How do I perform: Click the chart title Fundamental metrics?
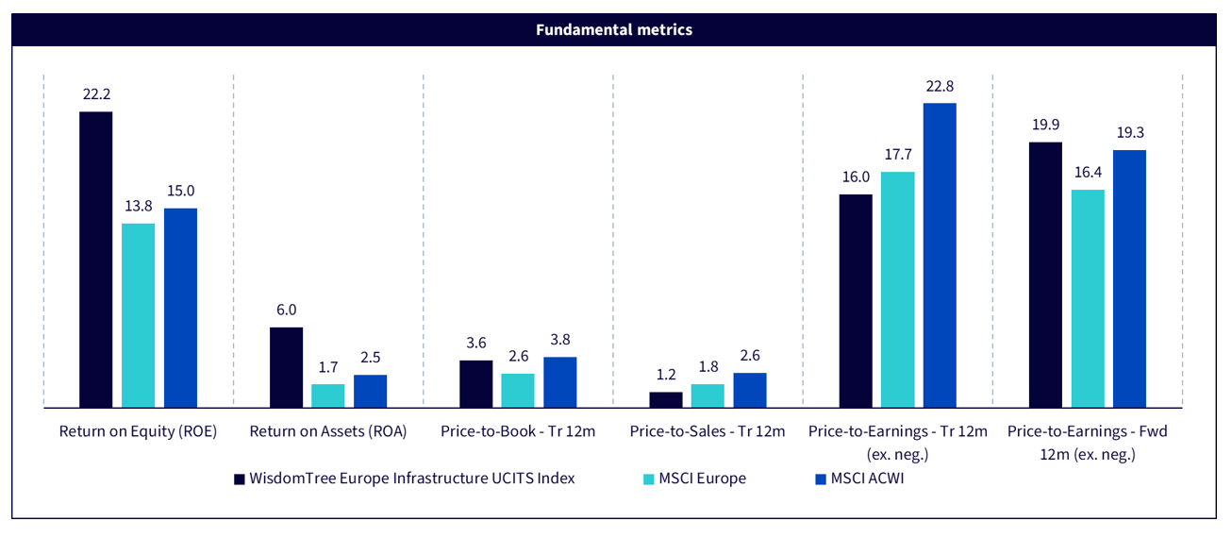614,30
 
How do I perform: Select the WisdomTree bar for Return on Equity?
95,260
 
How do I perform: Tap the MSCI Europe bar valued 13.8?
138,315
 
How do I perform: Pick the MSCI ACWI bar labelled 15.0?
180,308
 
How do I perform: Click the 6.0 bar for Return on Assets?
286,367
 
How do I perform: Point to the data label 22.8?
940,86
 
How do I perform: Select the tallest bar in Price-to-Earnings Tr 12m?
940,255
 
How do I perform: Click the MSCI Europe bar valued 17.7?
897,290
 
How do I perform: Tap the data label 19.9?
1045,126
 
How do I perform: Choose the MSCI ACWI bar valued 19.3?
1129,278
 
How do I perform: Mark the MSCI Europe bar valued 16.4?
1088,298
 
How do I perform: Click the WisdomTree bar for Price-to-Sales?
665,399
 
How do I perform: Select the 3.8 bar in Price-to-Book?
560,382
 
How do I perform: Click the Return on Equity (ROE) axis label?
138,432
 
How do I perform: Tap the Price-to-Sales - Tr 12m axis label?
708,432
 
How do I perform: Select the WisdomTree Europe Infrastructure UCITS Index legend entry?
411,479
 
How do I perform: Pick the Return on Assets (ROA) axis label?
328,432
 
